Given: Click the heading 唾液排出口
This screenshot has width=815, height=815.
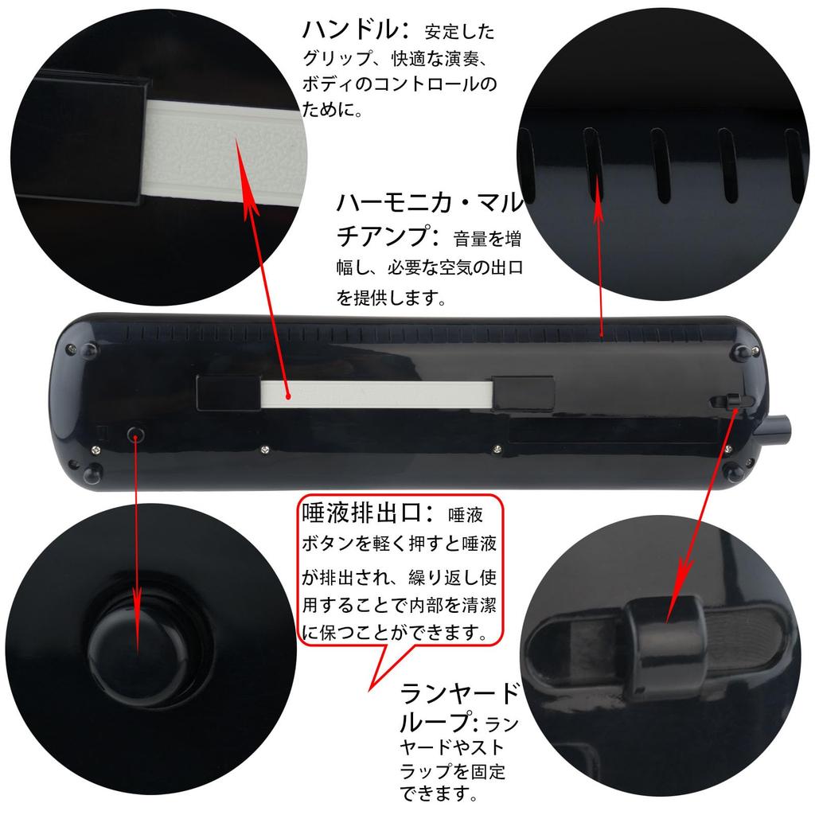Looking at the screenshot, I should point(365,513).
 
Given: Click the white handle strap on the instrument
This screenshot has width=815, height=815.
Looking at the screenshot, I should point(374,392).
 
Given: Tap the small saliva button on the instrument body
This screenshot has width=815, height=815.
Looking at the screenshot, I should point(137,434).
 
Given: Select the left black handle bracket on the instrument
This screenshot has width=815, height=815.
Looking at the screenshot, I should point(228,392).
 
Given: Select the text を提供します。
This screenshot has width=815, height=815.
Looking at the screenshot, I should point(390,298).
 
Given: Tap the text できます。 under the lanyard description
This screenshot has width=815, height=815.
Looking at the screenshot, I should point(440,794).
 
